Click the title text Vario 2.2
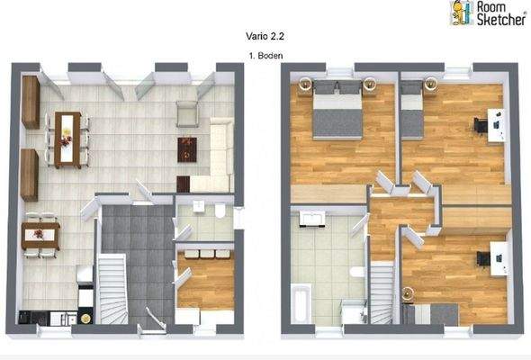pos(265,39)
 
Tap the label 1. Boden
pos(265,56)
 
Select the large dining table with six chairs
pos(67,139)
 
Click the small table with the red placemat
pos(40,235)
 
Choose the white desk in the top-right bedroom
pos(494,124)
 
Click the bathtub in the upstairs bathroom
pos(300,303)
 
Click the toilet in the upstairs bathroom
pos(357,272)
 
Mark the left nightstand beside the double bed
pos(304,84)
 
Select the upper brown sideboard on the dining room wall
pos(31,101)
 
